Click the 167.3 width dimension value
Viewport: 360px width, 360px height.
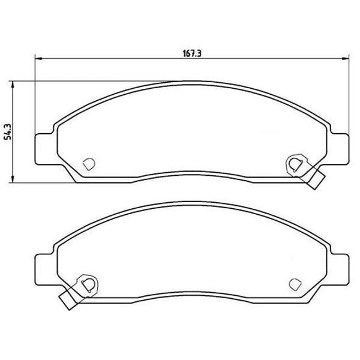coord(191,53)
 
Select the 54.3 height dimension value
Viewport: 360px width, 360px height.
coord(8,131)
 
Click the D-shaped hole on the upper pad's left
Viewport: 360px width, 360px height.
coord(88,163)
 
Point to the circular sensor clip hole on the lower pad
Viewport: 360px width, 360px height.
coord(88,283)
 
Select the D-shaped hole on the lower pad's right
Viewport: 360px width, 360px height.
coord(295,283)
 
